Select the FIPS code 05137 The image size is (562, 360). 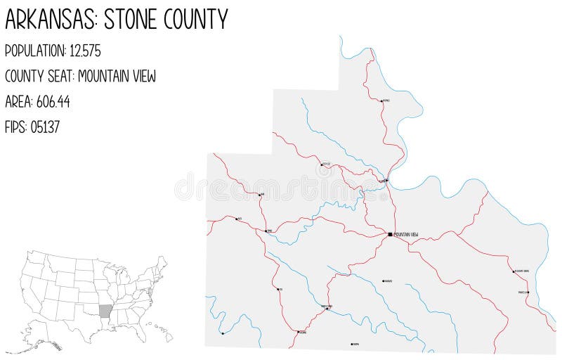[x=47, y=127]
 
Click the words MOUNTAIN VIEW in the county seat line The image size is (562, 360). [x=118, y=76]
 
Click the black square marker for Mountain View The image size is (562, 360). [x=391, y=233]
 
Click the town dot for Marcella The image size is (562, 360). [x=528, y=292]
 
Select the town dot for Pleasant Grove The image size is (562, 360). [x=514, y=271]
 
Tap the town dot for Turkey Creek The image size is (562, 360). [x=327, y=309]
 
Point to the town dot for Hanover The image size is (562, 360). [x=383, y=281]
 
